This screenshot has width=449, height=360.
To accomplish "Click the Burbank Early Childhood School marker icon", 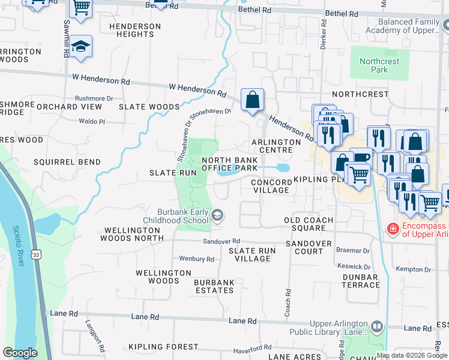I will (x=217, y=215).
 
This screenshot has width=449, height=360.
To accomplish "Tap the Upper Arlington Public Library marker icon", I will (x=377, y=327).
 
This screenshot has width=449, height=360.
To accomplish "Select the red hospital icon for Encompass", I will (x=393, y=229).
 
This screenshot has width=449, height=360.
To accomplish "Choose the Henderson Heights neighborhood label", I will (x=135, y=31).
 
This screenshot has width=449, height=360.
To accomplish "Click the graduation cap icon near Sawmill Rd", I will (x=80, y=47).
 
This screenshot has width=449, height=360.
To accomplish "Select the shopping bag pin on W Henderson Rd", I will (x=253, y=99).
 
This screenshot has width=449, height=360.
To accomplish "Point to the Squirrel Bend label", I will (x=58, y=162).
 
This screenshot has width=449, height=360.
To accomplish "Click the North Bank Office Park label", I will (x=230, y=164).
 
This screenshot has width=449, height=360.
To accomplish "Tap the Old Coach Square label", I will (x=309, y=224).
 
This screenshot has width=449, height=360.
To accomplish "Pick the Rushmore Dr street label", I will (x=94, y=98).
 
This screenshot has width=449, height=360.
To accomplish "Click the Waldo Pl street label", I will (x=92, y=121).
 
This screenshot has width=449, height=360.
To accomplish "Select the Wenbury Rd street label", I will (x=196, y=259).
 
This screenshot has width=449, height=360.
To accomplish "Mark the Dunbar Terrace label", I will (x=360, y=281).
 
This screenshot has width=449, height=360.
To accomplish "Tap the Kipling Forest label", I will (x=163, y=347).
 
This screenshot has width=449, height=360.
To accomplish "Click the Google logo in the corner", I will (x=20, y=352).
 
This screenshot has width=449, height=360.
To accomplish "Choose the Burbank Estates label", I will (x=214, y=286).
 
